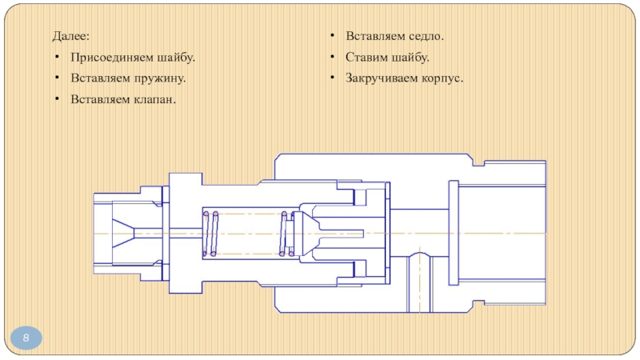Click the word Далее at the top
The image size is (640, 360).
coord(71,37)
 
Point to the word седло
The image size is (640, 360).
coord(426,37)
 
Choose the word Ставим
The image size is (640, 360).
coord(366,58)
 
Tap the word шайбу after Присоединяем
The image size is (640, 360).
coord(174,58)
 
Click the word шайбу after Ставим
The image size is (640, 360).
coord(410,58)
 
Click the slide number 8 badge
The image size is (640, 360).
coord(26,339)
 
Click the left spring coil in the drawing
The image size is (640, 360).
coord(213,234)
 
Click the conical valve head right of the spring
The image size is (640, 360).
coord(308,233)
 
